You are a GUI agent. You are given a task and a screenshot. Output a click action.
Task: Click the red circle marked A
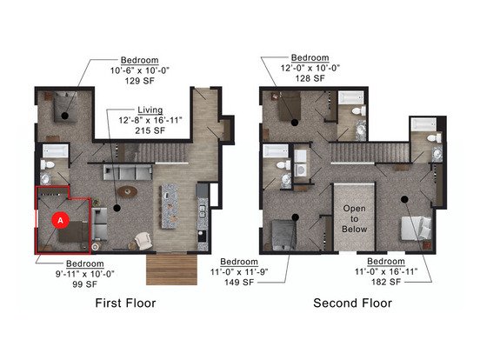pyautogui.click(x=60, y=220)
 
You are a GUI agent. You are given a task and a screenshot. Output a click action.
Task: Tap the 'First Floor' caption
pyautogui.click(x=125, y=303)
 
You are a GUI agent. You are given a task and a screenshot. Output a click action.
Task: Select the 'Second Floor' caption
pyautogui.click(x=353, y=303)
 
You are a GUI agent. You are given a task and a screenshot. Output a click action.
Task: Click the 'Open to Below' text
pyautogui.click(x=354, y=219)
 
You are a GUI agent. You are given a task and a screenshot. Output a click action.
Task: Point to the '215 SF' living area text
pyautogui.click(x=150, y=130)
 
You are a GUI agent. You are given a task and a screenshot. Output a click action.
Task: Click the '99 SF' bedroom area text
pyautogui.click(x=85, y=284)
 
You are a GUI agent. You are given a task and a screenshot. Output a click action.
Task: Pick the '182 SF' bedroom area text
pyautogui.click(x=386, y=282)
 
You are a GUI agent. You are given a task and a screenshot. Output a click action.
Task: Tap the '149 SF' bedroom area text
pyautogui.click(x=239, y=283)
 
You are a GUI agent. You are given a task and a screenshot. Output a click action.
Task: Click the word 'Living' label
pyautogui.click(x=150, y=110)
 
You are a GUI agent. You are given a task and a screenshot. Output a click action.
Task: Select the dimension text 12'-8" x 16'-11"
pyautogui.click(x=150, y=120)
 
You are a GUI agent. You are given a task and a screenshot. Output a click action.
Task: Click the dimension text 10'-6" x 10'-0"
pyautogui.click(x=140, y=70)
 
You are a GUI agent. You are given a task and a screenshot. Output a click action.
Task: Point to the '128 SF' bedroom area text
pyautogui.click(x=310, y=78)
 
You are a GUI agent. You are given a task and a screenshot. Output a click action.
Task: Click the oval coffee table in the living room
pyautogui.click(x=127, y=192)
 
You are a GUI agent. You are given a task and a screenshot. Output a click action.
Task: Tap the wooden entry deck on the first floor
pyautogui.click(x=171, y=270)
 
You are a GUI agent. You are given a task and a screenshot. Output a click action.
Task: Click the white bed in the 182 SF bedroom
pyautogui.click(x=417, y=228)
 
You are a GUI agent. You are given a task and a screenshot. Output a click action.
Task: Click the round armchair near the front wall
pyautogui.click(x=143, y=240)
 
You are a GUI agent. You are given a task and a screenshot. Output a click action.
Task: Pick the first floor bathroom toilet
pyautogui.click(x=48, y=164)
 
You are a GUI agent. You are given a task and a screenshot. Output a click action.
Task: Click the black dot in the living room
pyautogui.click(x=117, y=208)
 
